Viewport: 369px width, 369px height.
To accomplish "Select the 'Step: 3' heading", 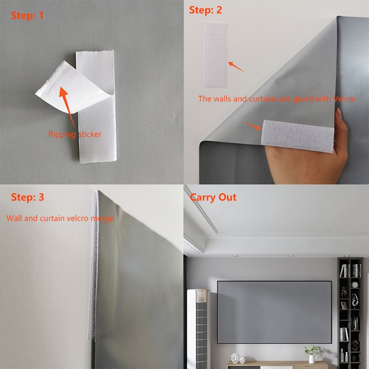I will tap(28, 197).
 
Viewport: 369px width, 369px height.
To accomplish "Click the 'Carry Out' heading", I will tap(213, 197).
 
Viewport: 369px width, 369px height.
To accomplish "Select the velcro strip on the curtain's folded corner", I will tap(298, 136).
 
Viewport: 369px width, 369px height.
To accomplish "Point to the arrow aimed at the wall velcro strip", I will tap(236, 66).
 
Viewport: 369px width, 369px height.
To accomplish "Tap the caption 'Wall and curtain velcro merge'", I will tap(60, 218).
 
